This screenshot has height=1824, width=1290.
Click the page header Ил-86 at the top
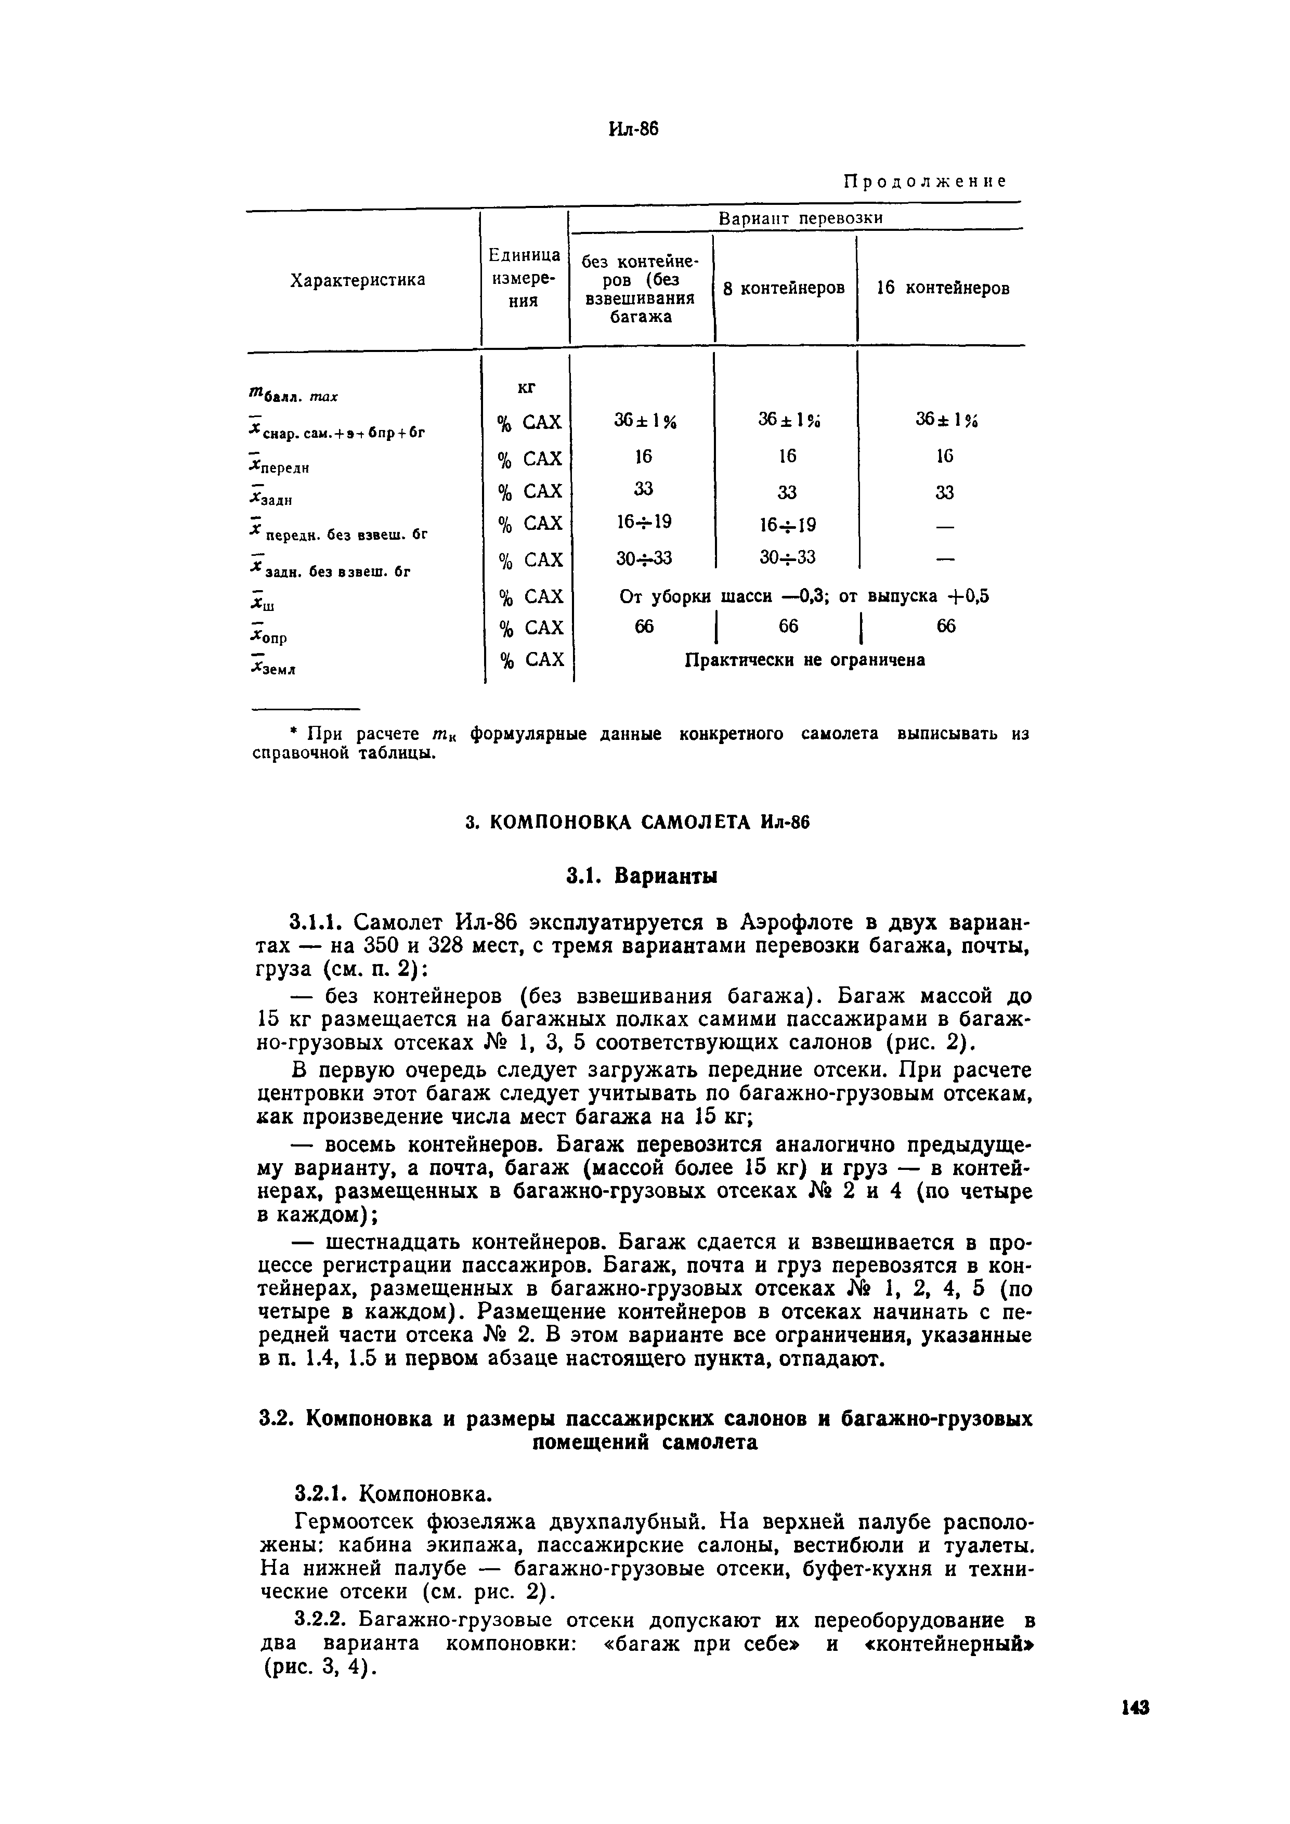tap(633, 129)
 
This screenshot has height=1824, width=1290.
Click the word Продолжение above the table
tap(924, 181)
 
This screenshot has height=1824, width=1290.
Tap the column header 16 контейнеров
tap(942, 288)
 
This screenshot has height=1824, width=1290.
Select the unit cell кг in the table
tap(526, 387)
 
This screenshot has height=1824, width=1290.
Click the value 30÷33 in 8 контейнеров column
tap(786, 557)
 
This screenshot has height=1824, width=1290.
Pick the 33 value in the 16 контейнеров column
tap(944, 492)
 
